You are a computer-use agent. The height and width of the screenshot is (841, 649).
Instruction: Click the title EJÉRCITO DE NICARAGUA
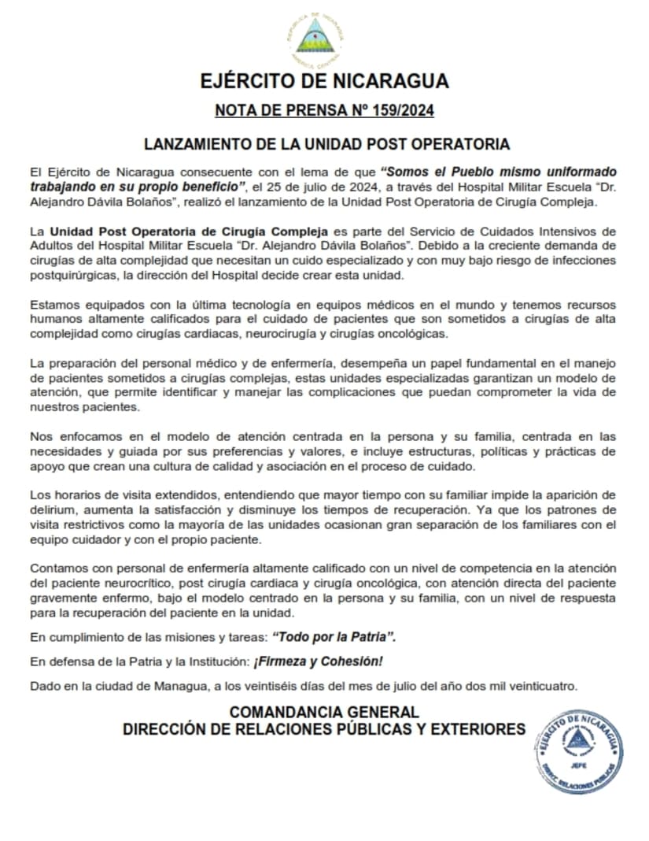[x=324, y=81]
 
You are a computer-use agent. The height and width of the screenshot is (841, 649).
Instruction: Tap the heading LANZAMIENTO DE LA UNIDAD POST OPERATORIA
[x=326, y=144]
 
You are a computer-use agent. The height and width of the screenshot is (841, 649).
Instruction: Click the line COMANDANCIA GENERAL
[x=324, y=713]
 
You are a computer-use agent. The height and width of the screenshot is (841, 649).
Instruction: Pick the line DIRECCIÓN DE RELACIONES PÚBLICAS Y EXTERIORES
[x=324, y=729]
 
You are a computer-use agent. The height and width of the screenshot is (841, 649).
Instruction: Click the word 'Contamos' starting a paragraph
[x=57, y=568]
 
